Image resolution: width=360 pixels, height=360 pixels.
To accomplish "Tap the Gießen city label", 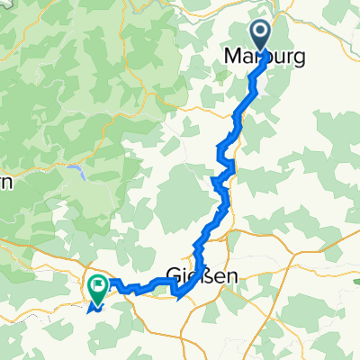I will coord(202,276).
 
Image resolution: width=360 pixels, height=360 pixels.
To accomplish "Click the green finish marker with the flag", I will coord(97,286).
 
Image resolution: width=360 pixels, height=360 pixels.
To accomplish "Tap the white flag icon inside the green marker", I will coord(97,284).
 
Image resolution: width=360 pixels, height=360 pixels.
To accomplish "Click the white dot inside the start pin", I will coord(259,35).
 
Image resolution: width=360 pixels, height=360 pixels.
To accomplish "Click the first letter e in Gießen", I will coord(192,277).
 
